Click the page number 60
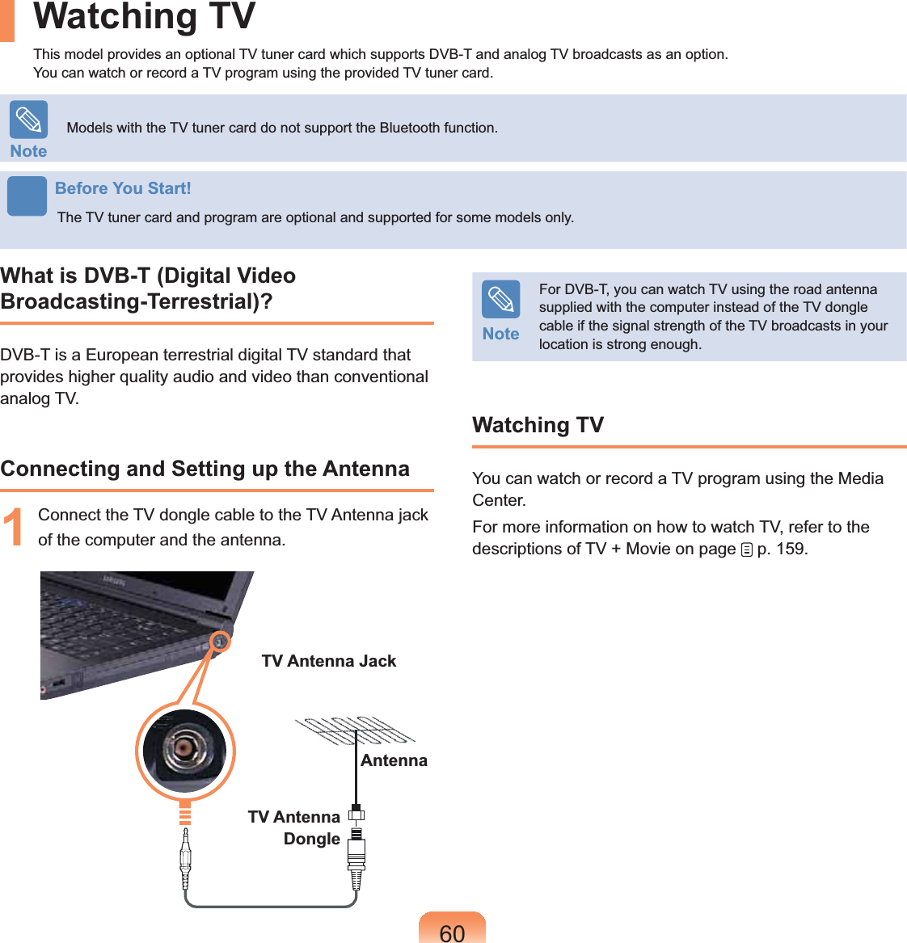(452, 932)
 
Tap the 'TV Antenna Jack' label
(329, 661)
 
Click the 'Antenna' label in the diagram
(394, 760)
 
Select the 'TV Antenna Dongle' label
(295, 827)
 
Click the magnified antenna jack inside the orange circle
(185, 749)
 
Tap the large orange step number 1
(14, 528)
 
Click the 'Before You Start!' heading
(123, 188)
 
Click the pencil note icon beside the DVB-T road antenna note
(500, 300)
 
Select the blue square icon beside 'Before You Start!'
(27, 196)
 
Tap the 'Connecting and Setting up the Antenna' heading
(205, 469)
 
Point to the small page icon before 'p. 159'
(746, 550)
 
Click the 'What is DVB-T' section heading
(148, 288)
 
